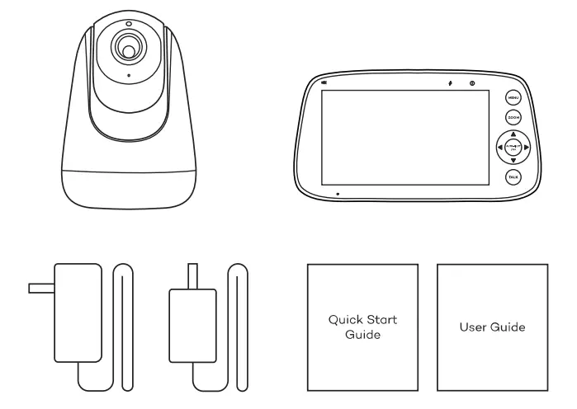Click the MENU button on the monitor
click(513, 98)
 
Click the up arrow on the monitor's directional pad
click(513, 134)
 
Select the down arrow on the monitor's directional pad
click(513, 161)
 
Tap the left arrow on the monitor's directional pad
click(499, 148)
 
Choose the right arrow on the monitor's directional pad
click(526, 148)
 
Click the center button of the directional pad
click(513, 148)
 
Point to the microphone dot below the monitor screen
click(338, 194)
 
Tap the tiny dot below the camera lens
click(128, 77)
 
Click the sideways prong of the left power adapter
click(40, 289)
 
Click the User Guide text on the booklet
click(492, 327)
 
